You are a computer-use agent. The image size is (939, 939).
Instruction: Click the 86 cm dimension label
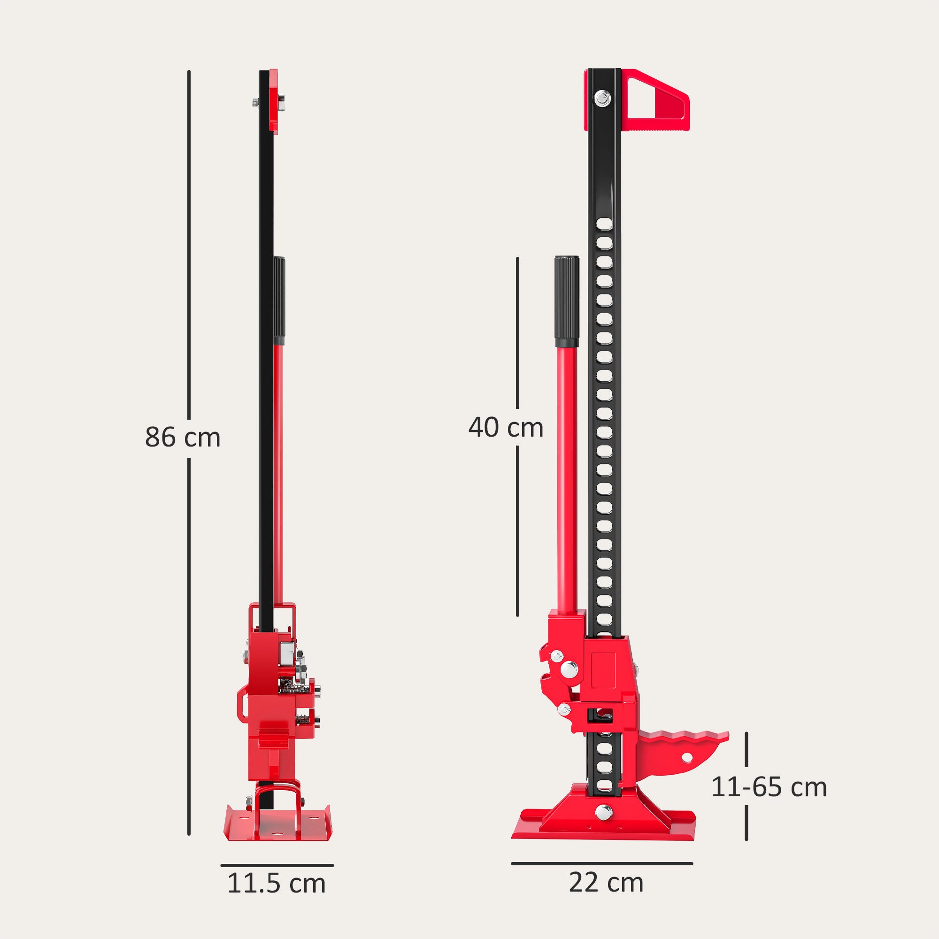point(182,437)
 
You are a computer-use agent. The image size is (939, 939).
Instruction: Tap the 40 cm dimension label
point(506,428)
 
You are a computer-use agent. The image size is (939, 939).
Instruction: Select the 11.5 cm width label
point(276,883)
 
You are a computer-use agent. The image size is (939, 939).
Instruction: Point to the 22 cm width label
point(606,882)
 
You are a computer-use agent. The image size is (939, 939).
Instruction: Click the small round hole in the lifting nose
point(687,757)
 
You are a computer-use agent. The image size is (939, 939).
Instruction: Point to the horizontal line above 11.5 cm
point(277,865)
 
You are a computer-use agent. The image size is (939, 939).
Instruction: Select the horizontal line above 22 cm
point(602,864)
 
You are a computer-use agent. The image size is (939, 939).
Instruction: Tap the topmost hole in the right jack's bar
point(604,223)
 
